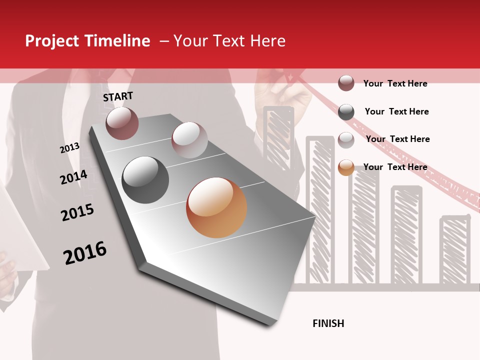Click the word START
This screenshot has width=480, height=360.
click(118, 96)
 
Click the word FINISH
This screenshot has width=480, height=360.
click(328, 323)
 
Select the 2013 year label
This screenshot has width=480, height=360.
click(69, 147)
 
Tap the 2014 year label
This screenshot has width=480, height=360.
click(73, 177)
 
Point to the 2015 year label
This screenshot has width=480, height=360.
click(77, 212)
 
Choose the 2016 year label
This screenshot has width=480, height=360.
click(85, 252)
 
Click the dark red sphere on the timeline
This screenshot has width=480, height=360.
click(122, 123)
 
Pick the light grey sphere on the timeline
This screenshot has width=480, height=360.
click(189, 140)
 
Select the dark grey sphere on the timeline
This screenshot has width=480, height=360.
click(145, 180)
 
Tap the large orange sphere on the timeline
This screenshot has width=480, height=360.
click(216, 207)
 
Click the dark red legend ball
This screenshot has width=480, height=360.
click(346, 83)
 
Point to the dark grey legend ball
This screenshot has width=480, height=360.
click(346, 112)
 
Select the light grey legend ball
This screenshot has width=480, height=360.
click(346, 140)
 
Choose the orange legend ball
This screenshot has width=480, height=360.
click(346, 167)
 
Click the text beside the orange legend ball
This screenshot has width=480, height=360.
click(395, 167)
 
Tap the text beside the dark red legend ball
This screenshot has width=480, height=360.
click(395, 83)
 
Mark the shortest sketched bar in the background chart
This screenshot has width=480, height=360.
click(454, 250)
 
